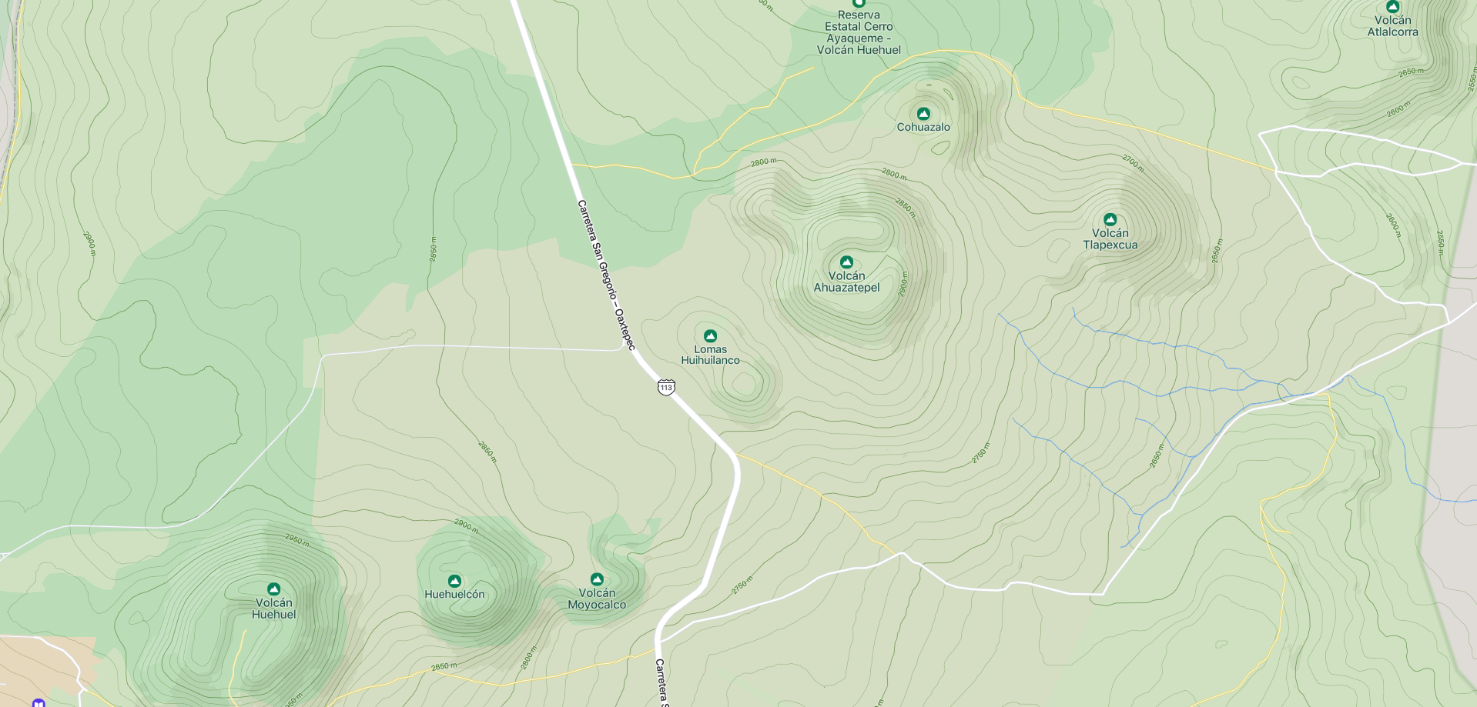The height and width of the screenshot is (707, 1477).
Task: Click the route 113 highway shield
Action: [x=666, y=388]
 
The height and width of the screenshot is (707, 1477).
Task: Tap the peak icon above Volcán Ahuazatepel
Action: [x=846, y=262]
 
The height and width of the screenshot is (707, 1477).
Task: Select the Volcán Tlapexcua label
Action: [x=1110, y=239]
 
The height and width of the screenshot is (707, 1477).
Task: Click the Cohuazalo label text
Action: [x=923, y=128]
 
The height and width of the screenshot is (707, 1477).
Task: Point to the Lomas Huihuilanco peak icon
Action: [x=710, y=336]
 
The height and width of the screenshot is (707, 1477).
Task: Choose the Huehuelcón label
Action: [x=454, y=595]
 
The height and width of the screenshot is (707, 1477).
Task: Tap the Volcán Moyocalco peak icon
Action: [x=597, y=579]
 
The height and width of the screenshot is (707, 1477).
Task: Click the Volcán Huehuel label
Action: [x=273, y=609]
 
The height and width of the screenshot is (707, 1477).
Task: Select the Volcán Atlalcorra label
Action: [x=1392, y=26]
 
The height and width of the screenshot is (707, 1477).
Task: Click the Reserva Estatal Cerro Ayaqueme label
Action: [x=859, y=32]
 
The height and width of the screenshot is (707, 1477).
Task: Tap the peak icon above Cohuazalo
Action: [x=923, y=114]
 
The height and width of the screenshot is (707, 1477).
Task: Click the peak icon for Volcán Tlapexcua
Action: [x=1110, y=220]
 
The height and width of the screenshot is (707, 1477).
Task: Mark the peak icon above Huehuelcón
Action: [x=454, y=581]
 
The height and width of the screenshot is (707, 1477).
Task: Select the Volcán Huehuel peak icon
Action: [x=273, y=589]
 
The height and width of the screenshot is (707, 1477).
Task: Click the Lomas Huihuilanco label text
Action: [x=710, y=355]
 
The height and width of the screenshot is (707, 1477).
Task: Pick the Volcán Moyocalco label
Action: [x=597, y=599]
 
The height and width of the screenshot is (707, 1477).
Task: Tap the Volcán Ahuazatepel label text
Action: [x=846, y=282]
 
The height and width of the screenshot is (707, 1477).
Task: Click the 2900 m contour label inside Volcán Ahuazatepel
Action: [x=903, y=284]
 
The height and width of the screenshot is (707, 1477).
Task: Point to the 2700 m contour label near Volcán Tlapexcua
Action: [x=1133, y=162]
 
